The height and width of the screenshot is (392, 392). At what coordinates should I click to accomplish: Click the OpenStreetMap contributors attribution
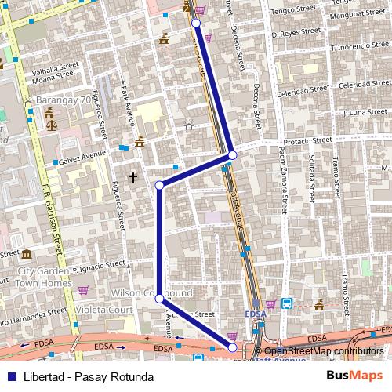pos(323,352)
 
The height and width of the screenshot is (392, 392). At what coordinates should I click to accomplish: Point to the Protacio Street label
pos(303,142)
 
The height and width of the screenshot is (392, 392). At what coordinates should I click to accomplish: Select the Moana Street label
pos(53,78)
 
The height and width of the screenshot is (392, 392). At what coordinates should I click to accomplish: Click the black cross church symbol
pos(133,178)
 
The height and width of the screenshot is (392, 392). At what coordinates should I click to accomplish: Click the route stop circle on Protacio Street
pos(232,156)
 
